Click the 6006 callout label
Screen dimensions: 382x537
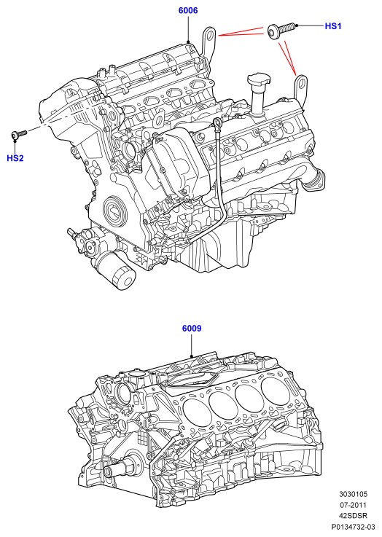pyautogui.click(x=188, y=11)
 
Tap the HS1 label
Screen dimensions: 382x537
pyautogui.click(x=333, y=26)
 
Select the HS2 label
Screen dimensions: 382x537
pyautogui.click(x=15, y=158)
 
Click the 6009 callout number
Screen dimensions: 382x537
pyautogui.click(x=192, y=329)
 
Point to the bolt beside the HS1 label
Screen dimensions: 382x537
pyautogui.click(x=280, y=31)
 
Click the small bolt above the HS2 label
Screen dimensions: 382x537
pyautogui.click(x=18, y=134)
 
